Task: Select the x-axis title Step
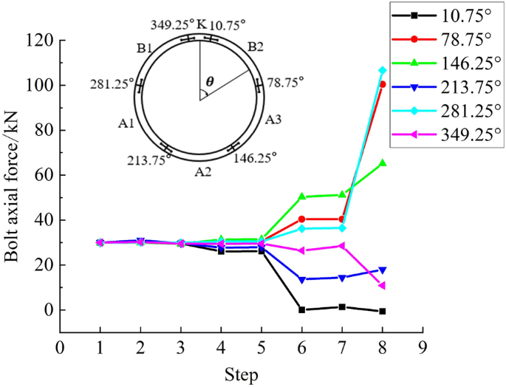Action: pyautogui.click(x=242, y=374)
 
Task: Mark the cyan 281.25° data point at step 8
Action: pyautogui.click(x=382, y=70)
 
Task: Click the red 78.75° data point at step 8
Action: pyautogui.click(x=382, y=84)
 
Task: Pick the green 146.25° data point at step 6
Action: pyautogui.click(x=301, y=196)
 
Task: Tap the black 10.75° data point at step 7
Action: pyautogui.click(x=342, y=306)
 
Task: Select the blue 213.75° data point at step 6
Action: pyautogui.click(x=301, y=279)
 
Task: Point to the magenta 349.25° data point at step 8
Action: pyautogui.click(x=382, y=285)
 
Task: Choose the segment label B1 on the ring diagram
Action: pyautogui.click(x=144, y=49)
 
